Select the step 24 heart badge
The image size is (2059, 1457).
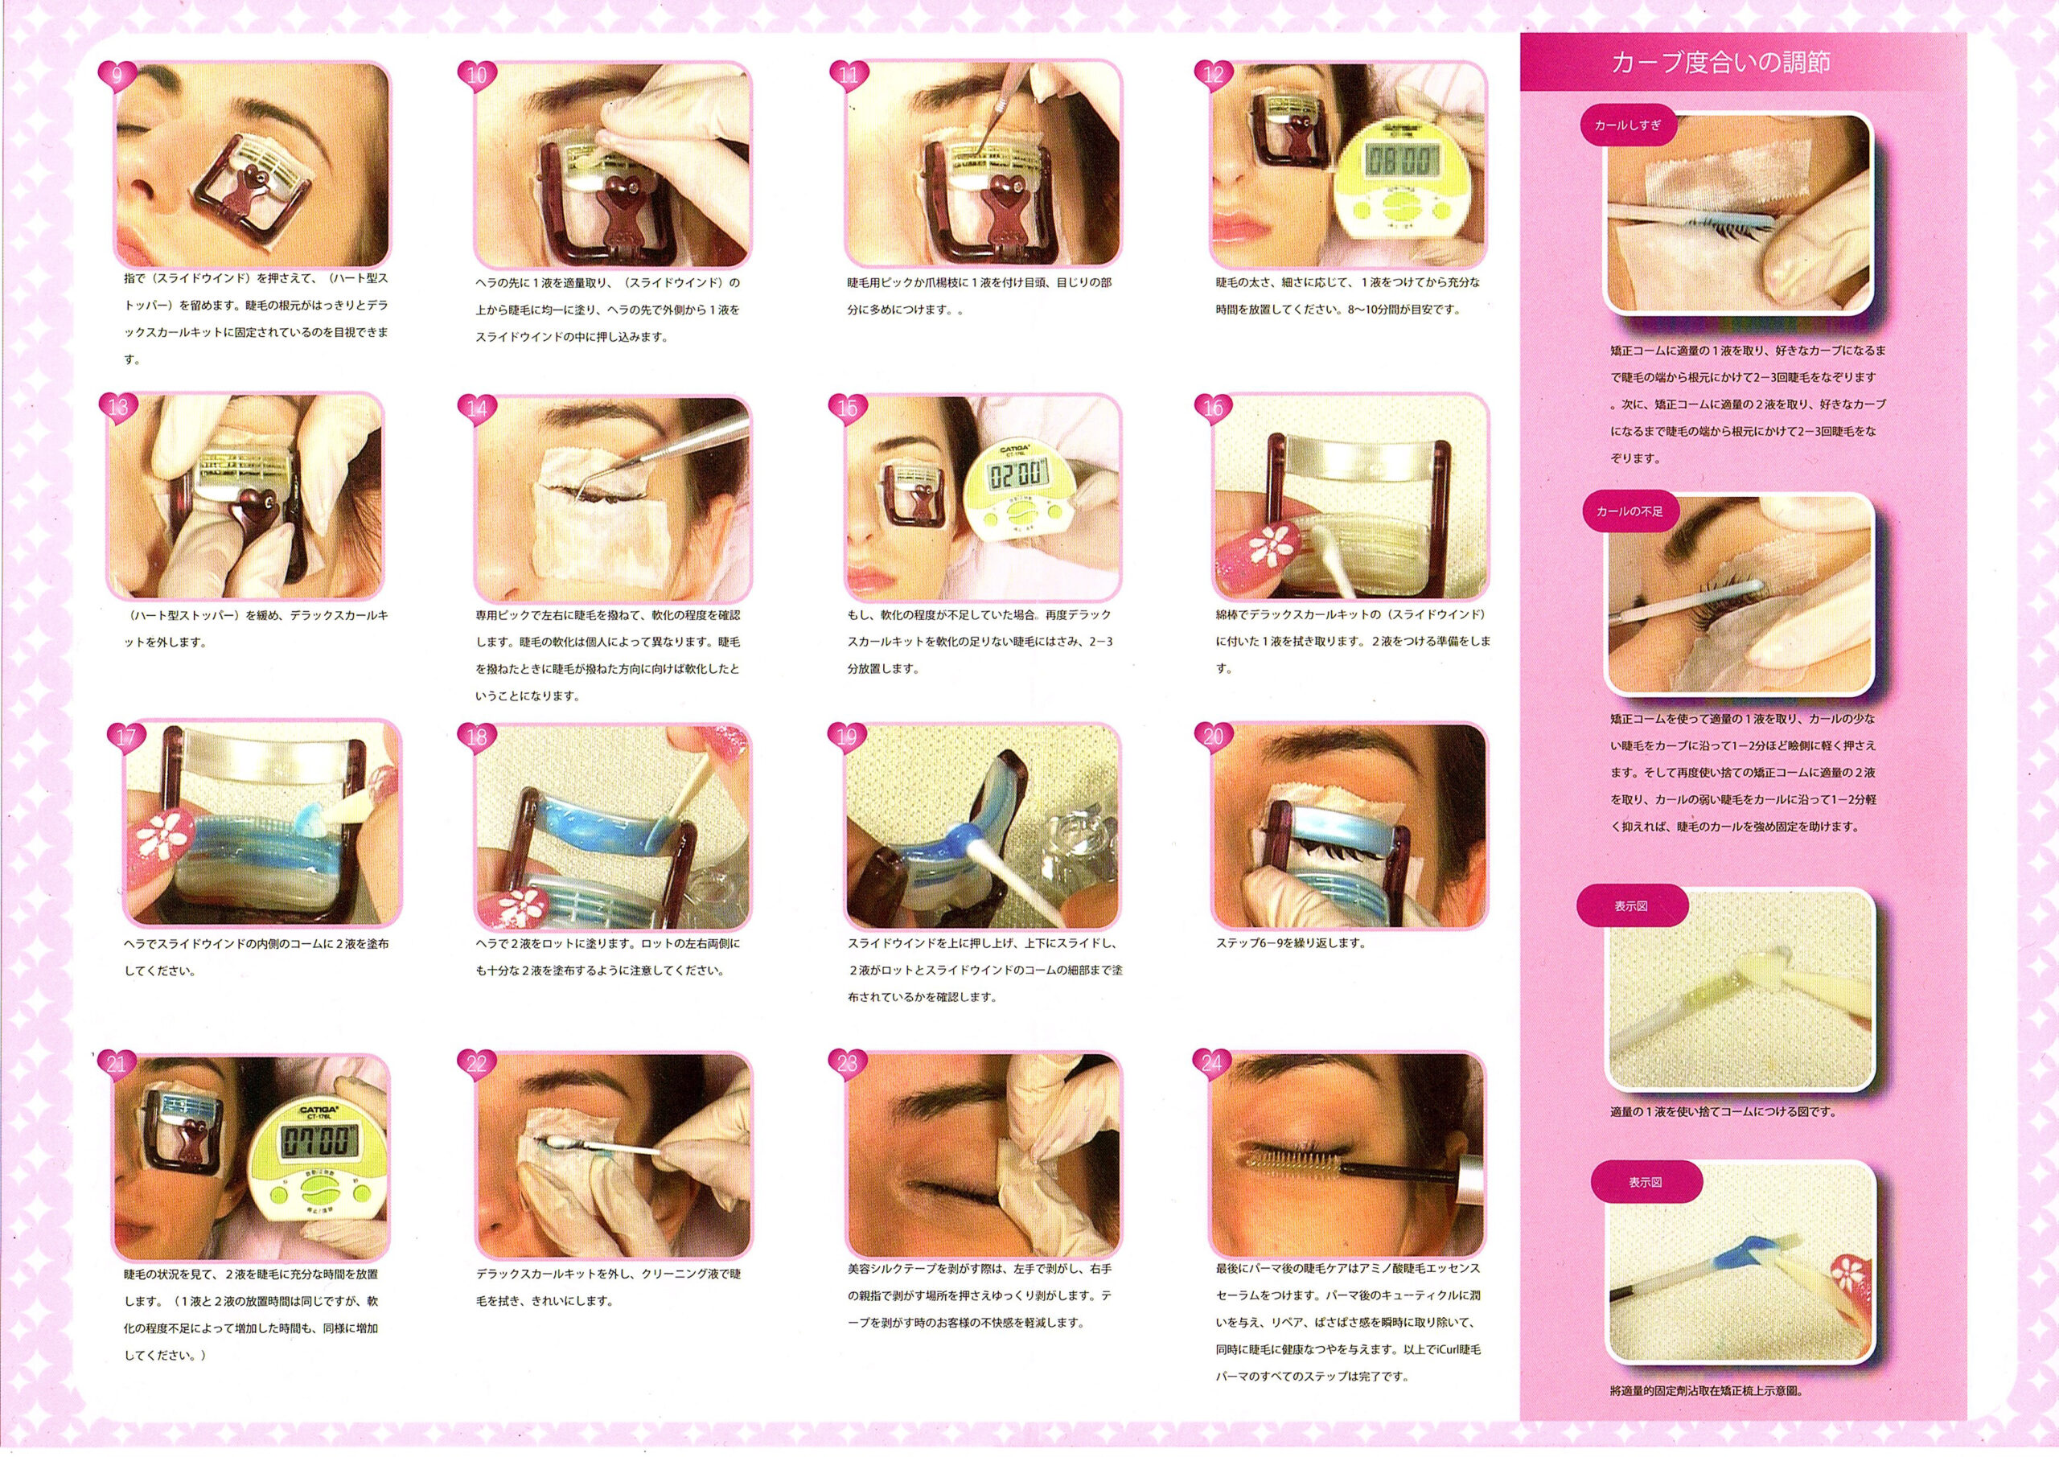1213,1064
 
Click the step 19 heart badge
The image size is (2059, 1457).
846,736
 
